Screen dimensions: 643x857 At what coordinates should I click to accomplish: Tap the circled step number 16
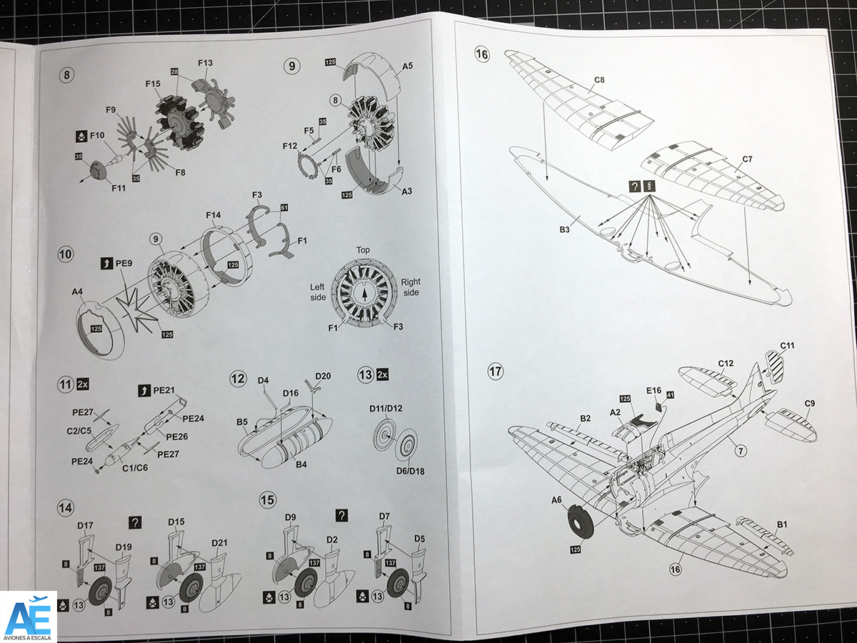tap(482, 55)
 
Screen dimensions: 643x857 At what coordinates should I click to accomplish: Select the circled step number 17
tap(496, 372)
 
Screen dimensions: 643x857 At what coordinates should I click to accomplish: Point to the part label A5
tap(407, 66)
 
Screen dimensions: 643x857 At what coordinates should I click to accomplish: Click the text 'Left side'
tap(317, 291)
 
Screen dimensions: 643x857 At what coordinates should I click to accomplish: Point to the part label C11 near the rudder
tap(787, 346)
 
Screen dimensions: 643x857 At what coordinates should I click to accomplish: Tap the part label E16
tap(653, 391)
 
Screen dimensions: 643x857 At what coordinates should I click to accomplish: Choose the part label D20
tap(323, 376)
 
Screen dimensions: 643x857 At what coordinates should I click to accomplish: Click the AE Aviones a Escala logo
tap(28, 616)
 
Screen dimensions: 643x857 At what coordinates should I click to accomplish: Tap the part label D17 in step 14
tap(85, 525)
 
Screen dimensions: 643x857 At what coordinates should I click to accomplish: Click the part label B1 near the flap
tap(782, 524)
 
